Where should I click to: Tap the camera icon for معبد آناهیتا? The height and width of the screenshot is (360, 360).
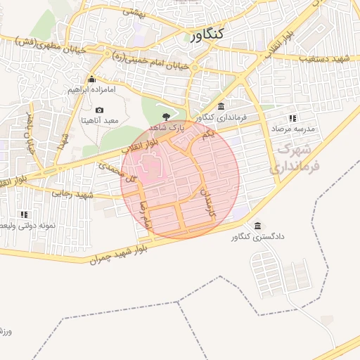click(99, 110)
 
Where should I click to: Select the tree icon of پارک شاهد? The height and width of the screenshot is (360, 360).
click(166, 117)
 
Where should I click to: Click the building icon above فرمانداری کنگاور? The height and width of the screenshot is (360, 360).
click(221, 105)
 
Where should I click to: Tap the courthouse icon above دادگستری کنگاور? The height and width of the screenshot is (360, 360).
click(258, 225)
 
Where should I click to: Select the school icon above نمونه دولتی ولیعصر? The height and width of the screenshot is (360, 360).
click(24, 214)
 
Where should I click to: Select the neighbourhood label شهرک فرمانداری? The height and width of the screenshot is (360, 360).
click(295, 158)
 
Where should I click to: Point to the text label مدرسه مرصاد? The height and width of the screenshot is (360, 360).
click(294, 129)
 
